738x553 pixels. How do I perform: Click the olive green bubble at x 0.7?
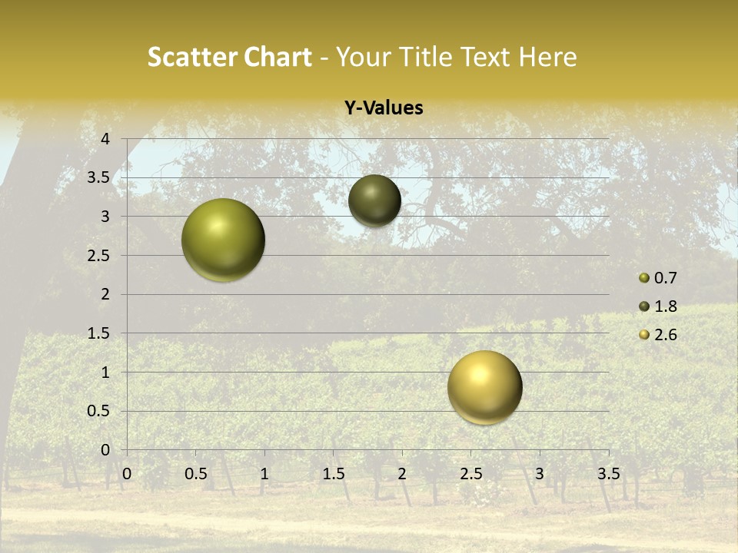[x=224, y=240]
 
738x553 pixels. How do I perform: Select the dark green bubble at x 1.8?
[x=374, y=200]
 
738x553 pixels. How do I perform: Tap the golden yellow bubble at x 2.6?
[x=484, y=388]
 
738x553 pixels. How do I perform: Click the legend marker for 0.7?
[x=644, y=278]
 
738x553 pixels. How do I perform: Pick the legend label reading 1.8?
[x=665, y=306]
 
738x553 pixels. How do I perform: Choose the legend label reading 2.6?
[x=665, y=335]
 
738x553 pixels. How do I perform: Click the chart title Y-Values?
[x=383, y=108]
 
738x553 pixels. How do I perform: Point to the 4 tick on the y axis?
[x=105, y=139]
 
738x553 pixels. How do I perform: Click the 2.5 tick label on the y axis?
[x=99, y=256]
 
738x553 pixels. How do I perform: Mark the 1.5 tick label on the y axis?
[x=99, y=333]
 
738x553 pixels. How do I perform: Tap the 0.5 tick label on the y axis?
[x=99, y=411]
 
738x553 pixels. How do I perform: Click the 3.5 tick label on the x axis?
[x=608, y=473]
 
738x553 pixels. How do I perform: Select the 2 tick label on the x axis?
[x=402, y=473]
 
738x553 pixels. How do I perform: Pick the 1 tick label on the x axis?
[x=264, y=473]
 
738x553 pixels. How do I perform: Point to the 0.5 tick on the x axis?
[x=195, y=473]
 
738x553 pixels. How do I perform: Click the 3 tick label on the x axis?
[x=540, y=473]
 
